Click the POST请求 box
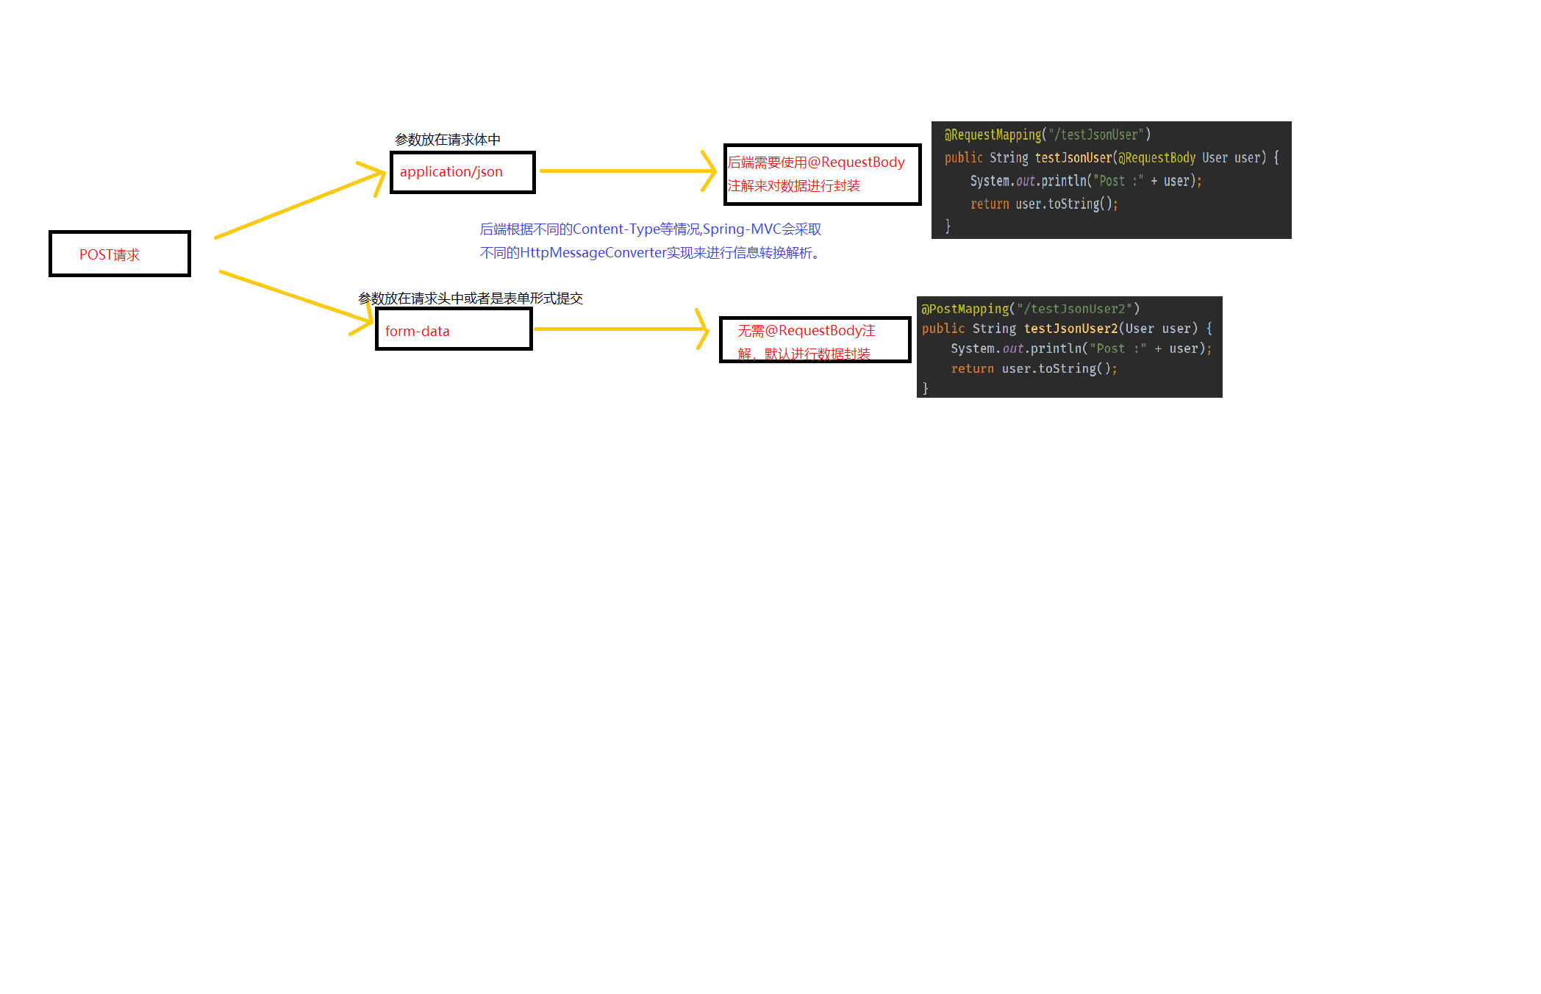click(120, 254)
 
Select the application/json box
click(462, 172)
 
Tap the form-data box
click(454, 329)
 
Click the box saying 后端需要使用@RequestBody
click(822, 174)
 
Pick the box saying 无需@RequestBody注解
click(815, 340)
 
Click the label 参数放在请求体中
click(448, 140)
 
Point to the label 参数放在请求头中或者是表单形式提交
click(471, 298)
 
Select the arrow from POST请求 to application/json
click(298, 204)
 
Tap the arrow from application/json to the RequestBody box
click(625, 171)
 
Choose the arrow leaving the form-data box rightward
click(618, 329)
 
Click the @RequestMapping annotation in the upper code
click(993, 135)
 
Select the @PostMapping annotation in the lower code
click(965, 309)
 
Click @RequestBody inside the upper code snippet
click(1156, 158)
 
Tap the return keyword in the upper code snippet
click(990, 204)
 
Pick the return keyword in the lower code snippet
click(972, 369)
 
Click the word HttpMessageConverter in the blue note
click(593, 253)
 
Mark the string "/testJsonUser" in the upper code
click(1095, 135)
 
